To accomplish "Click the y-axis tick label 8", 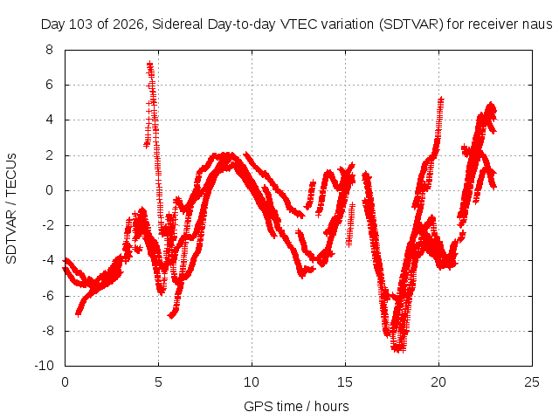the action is (x=49, y=50).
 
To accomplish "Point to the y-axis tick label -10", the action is (x=45, y=366).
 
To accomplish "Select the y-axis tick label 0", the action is (x=49, y=190).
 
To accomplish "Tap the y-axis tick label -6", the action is (x=47, y=296).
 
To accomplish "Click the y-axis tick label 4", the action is (x=49, y=120).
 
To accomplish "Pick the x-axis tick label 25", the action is (x=532, y=382).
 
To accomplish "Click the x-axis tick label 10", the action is (x=252, y=382).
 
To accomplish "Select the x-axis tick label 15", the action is (x=345, y=382).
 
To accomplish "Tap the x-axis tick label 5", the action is (x=158, y=382).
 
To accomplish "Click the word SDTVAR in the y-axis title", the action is (x=11, y=237).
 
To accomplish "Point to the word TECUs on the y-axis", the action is (x=11, y=170).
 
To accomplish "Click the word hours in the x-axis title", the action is (x=332, y=406).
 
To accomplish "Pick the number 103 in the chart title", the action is (x=80, y=24).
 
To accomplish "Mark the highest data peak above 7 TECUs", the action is (x=150, y=64).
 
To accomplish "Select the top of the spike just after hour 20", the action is (x=441, y=99).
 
